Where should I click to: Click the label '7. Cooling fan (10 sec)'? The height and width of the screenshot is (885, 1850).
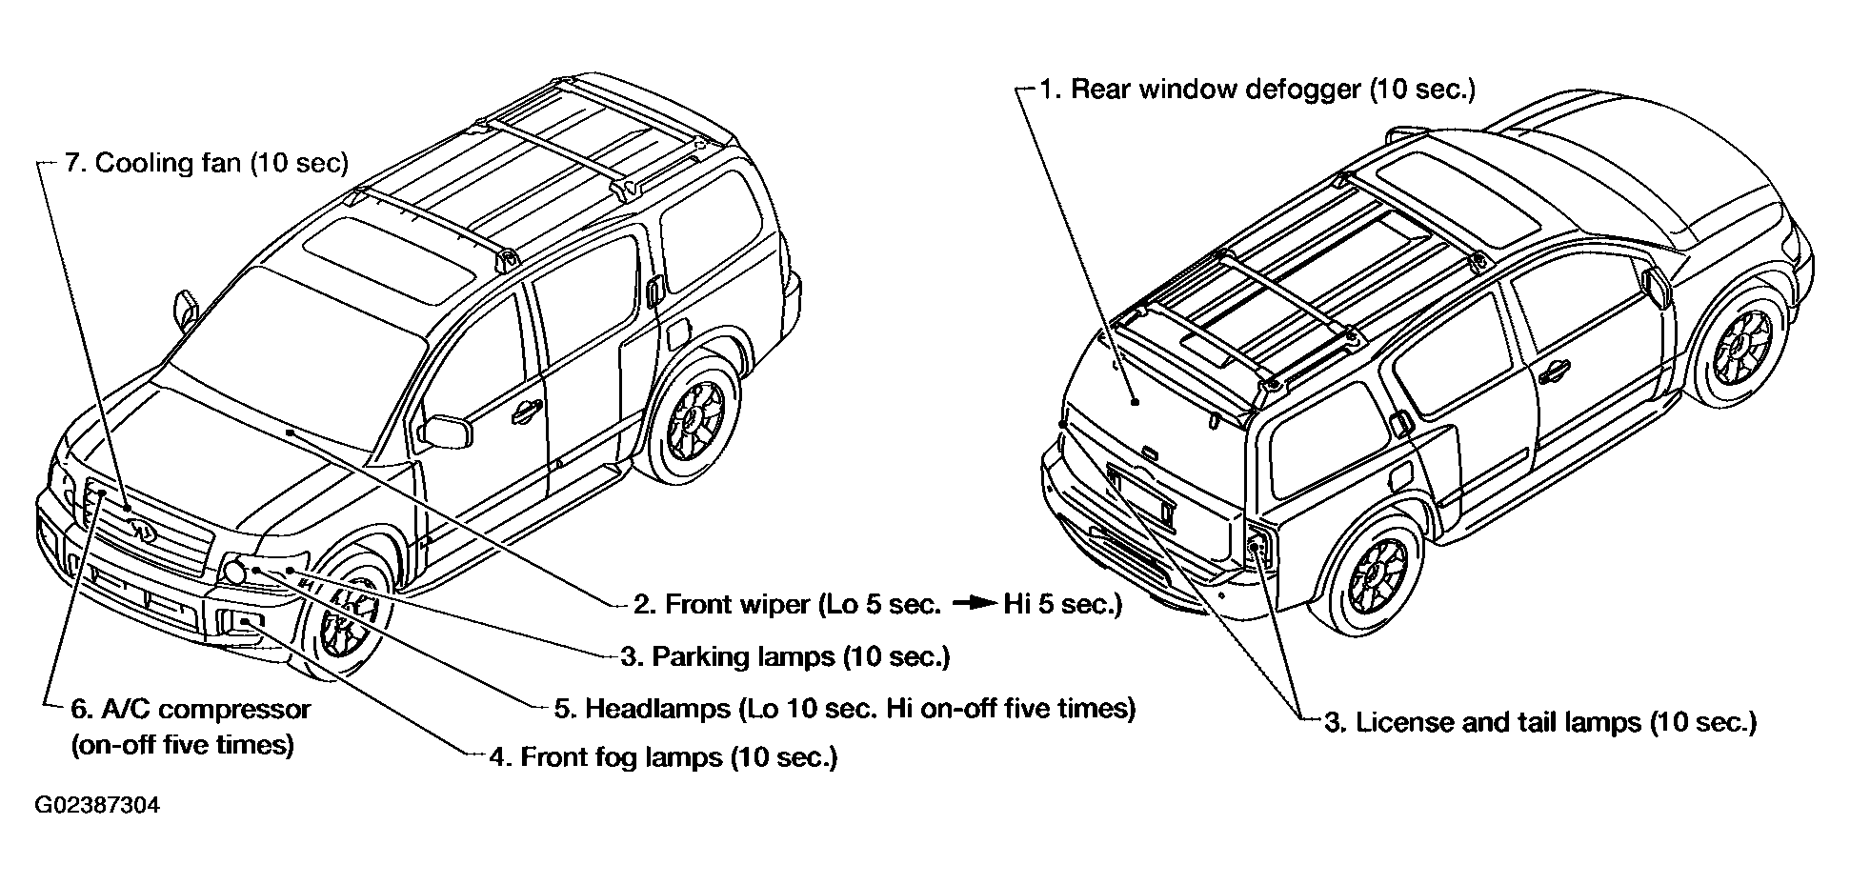click(x=207, y=163)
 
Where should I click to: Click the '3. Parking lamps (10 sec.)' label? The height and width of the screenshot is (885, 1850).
click(x=785, y=656)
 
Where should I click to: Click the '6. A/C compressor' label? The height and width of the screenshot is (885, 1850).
click(x=191, y=710)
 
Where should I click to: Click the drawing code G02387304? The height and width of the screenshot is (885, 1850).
click(x=97, y=806)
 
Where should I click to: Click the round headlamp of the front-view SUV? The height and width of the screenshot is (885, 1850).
click(x=232, y=572)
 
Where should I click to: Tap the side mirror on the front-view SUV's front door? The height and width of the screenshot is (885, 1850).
click(x=448, y=431)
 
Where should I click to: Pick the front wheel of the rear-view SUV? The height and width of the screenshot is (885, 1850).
click(x=1377, y=575)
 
